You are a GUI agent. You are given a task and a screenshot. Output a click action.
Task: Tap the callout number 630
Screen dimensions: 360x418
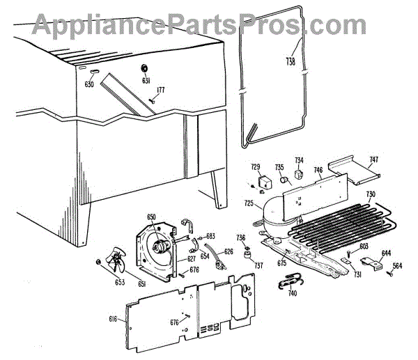pyautogui.click(x=89, y=84)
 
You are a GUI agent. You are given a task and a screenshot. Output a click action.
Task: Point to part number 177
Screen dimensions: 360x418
pyautogui.click(x=160, y=90)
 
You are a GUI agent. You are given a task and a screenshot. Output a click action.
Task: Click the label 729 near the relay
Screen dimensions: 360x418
pyautogui.click(x=255, y=167)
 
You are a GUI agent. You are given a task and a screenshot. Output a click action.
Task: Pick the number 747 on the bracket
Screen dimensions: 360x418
pyautogui.click(x=373, y=160)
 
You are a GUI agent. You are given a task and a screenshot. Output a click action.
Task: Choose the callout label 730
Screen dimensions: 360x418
pyautogui.click(x=371, y=194)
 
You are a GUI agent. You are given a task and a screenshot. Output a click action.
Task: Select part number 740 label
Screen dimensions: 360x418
pyautogui.click(x=292, y=293)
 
